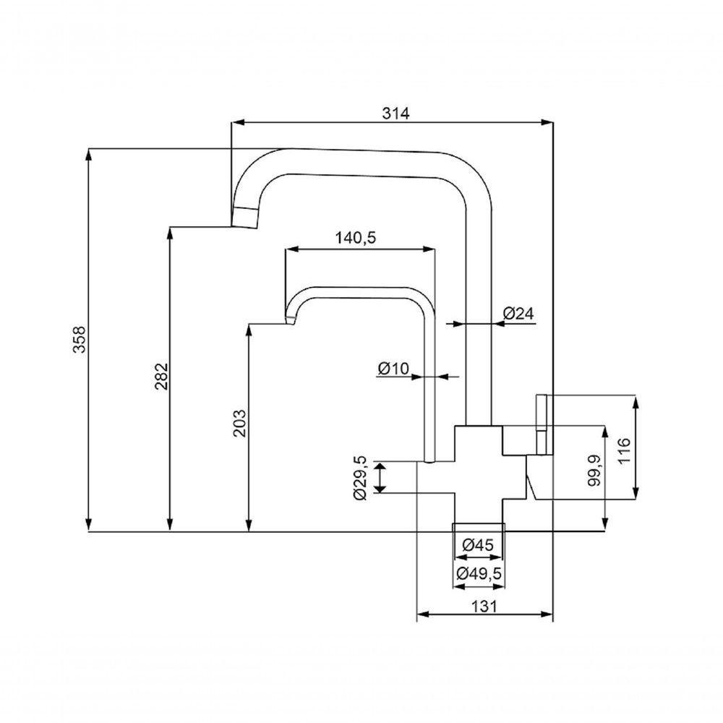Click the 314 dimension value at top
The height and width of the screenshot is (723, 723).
pyautogui.click(x=395, y=113)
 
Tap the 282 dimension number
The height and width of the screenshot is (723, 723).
pyautogui.click(x=161, y=377)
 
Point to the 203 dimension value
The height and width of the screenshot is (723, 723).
pyautogui.click(x=240, y=424)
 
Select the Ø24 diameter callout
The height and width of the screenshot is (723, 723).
pyautogui.click(x=518, y=313)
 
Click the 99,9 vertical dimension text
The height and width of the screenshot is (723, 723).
pyautogui.click(x=594, y=470)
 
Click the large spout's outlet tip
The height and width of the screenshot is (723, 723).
pyautogui.click(x=244, y=216)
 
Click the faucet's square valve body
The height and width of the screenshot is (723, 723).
pyautogui.click(x=478, y=463)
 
